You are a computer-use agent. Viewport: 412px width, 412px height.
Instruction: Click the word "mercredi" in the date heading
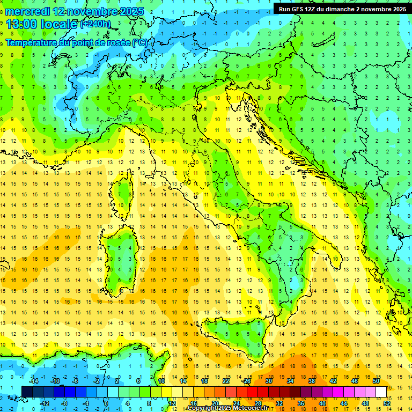tap(28, 11)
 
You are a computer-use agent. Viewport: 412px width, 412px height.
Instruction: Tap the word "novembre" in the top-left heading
tap(92, 11)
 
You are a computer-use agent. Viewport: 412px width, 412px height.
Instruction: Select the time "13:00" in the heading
tap(22, 24)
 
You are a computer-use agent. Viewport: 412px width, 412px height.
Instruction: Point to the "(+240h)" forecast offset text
tap(95, 24)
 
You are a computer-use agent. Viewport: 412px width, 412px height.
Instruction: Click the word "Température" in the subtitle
tap(33, 42)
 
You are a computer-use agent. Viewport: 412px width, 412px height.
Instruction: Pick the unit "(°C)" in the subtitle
tap(139, 42)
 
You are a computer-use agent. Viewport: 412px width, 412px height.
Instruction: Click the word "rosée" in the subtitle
tap(117, 42)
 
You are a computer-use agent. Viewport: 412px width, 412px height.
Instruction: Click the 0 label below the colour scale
tap(106, 403)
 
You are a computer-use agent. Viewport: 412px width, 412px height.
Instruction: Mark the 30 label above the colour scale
tap(268, 381)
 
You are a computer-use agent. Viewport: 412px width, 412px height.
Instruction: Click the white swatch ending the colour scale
tap(381, 392)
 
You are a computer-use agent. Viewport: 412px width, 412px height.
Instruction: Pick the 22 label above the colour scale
tap(226, 381)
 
